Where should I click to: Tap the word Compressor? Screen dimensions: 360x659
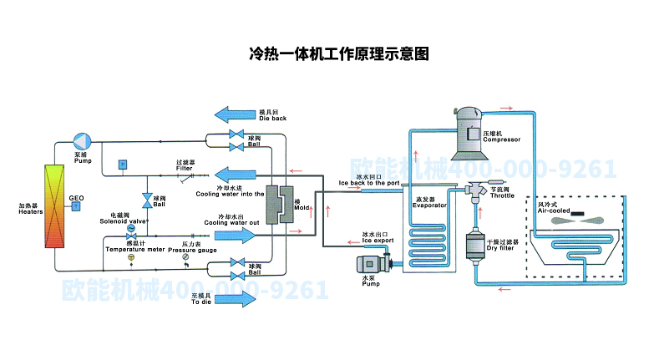(x=501, y=139)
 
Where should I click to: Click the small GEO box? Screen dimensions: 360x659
(x=76, y=205)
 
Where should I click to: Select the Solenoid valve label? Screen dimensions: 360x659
(x=124, y=219)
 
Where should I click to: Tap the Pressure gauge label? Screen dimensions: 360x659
(x=192, y=250)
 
